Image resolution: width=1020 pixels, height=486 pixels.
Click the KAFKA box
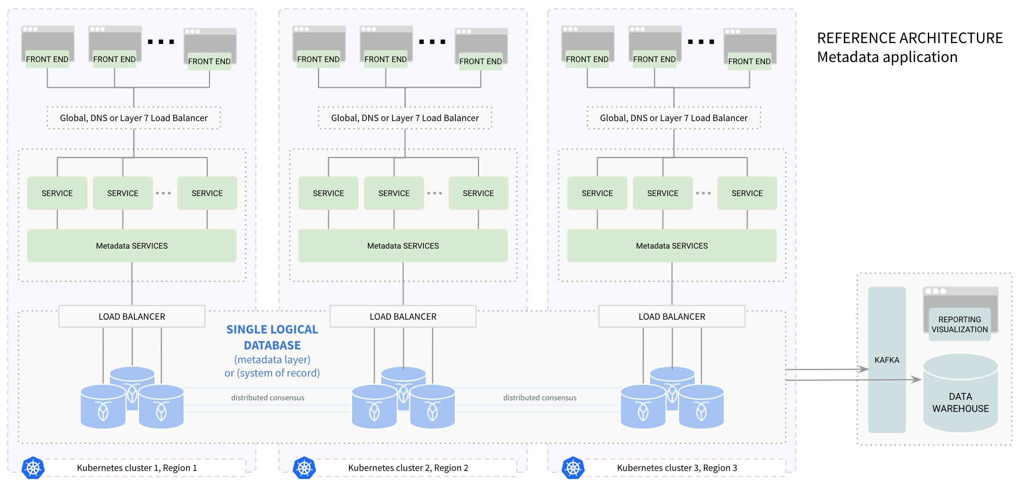886,360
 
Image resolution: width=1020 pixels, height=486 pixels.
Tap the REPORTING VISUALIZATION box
959,324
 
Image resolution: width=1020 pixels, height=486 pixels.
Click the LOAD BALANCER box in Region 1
132,317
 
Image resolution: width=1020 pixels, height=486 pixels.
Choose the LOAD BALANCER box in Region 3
672,317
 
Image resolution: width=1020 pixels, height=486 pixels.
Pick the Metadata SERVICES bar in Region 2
403,246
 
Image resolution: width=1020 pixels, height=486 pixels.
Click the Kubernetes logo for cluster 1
33,467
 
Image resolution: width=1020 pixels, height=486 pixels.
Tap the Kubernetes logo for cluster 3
573,467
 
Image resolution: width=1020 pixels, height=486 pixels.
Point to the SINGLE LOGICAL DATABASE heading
272,337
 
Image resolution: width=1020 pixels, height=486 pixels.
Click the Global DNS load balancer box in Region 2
405,118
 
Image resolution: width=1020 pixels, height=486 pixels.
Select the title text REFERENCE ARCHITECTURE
910,38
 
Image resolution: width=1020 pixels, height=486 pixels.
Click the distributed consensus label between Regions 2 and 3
540,398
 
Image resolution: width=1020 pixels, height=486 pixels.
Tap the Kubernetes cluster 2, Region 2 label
408,468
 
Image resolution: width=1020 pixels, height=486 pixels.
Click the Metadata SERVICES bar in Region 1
132,246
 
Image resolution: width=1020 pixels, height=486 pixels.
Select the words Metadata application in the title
887,57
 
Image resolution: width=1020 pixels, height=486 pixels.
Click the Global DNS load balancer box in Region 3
674,118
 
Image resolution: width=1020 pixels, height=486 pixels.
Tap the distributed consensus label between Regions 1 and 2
267,398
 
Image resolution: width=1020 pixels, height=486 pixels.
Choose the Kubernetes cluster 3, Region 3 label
677,468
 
